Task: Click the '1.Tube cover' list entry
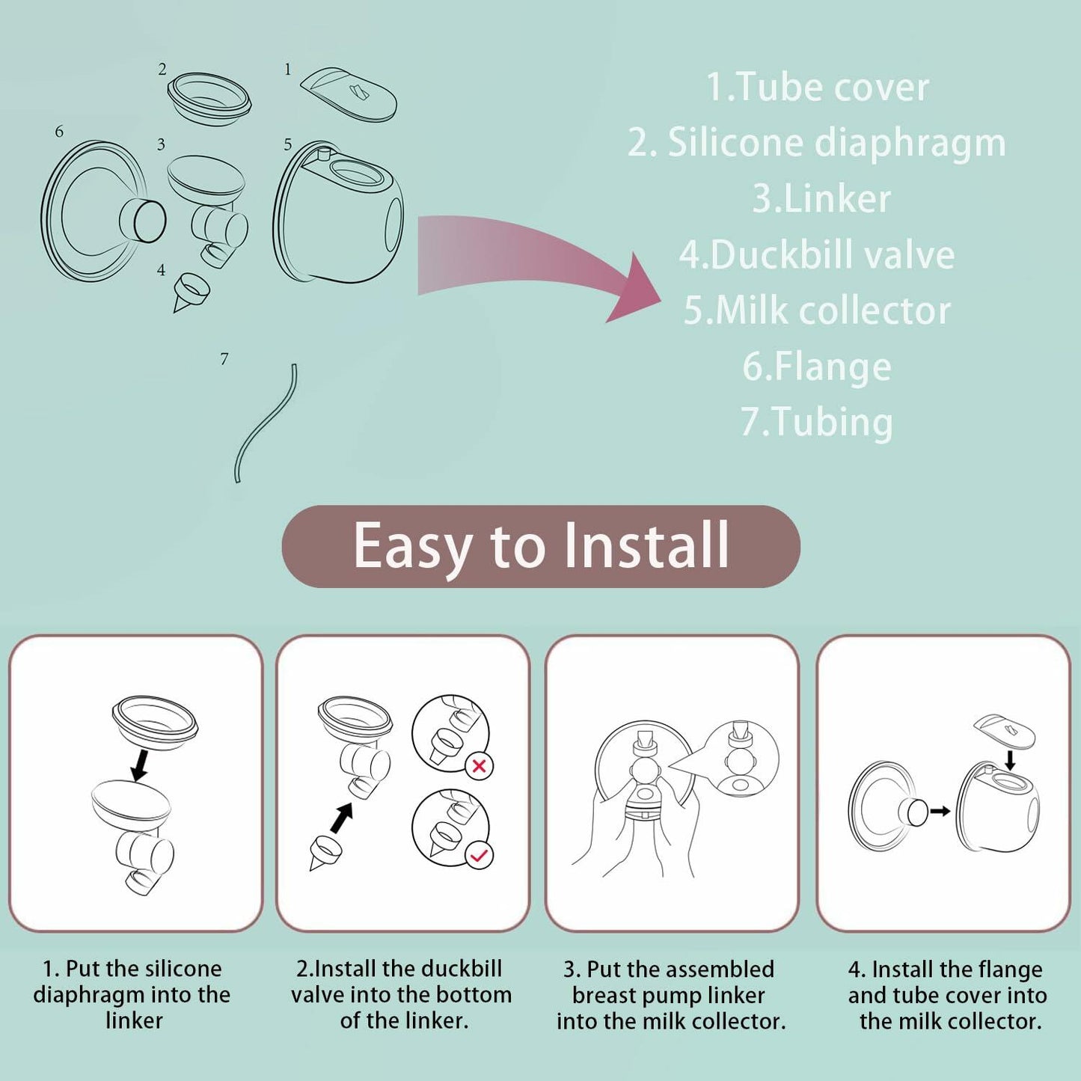[x=817, y=88]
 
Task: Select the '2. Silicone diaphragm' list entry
[x=817, y=143]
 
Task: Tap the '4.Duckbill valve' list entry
[x=817, y=255]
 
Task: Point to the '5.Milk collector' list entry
[x=817, y=310]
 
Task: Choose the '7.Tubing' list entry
[x=817, y=422]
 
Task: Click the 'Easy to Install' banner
[x=541, y=546]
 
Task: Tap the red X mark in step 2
[x=480, y=766]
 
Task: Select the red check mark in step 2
[x=480, y=855]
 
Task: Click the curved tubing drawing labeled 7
[x=266, y=423]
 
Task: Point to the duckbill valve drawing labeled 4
[x=191, y=292]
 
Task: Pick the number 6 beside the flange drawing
[x=59, y=132]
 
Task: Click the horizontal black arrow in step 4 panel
[x=940, y=811]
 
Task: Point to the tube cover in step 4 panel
[x=1005, y=730]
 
